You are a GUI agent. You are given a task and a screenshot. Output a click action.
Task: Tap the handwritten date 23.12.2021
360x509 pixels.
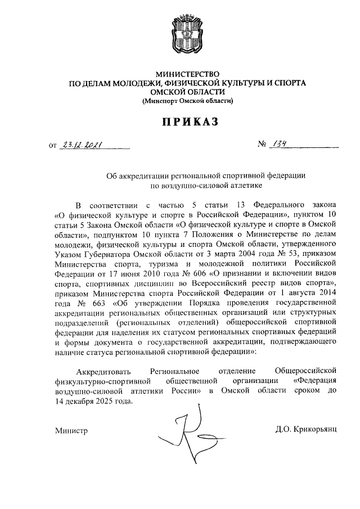81,146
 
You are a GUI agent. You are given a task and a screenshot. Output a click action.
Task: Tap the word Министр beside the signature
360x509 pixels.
71,430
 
